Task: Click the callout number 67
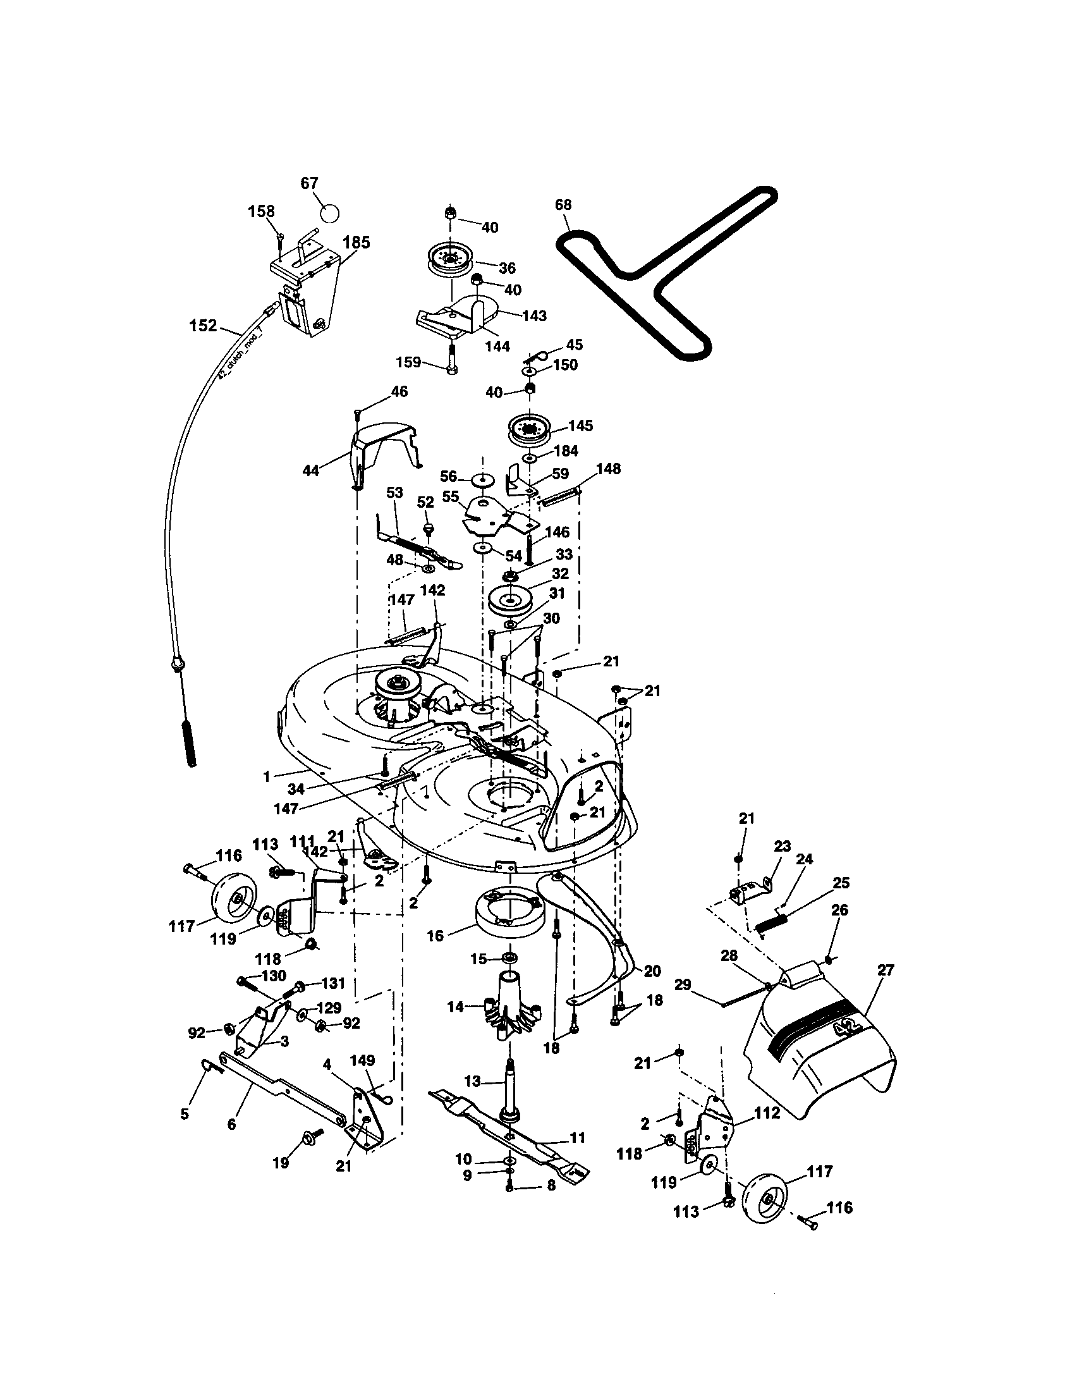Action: (x=308, y=183)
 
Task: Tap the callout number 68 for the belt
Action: (x=563, y=204)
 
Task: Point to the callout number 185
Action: (x=356, y=243)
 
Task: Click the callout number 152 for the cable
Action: (x=203, y=326)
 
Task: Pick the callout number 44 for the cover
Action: (x=310, y=470)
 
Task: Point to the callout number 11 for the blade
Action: (x=576, y=1137)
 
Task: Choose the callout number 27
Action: (x=886, y=970)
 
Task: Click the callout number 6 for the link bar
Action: (x=232, y=1125)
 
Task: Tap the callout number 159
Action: (x=408, y=362)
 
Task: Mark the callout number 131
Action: (x=333, y=984)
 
